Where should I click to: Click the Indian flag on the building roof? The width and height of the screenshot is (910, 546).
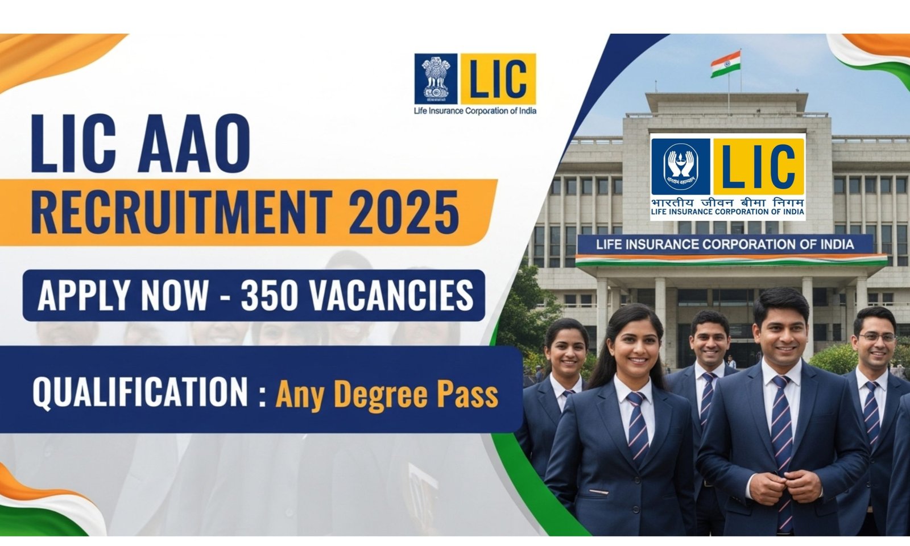(726, 64)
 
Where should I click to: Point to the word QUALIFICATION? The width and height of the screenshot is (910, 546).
(140, 392)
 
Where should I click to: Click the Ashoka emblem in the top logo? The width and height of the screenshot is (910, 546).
(436, 78)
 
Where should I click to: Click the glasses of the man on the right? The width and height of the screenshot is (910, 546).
(876, 338)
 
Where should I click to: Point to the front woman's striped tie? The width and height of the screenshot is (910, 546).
(638, 427)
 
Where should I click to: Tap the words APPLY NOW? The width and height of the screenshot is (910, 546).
(123, 296)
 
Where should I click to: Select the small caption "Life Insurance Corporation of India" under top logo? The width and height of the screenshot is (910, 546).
(475, 111)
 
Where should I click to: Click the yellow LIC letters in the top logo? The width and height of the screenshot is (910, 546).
(498, 78)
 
